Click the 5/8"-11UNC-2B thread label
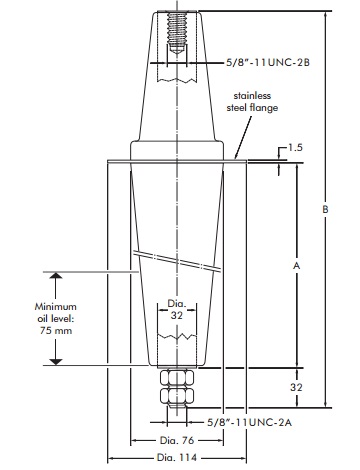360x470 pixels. (268, 62)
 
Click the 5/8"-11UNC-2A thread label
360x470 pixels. (249, 422)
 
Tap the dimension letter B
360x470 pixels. (325, 209)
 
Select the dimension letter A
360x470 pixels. (296, 266)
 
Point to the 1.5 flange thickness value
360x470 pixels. (295, 147)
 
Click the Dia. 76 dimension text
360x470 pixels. (177, 440)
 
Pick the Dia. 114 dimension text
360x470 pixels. (177, 458)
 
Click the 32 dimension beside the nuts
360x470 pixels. (296, 387)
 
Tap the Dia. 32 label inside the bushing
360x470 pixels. (177, 309)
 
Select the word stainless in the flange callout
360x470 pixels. (252, 96)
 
